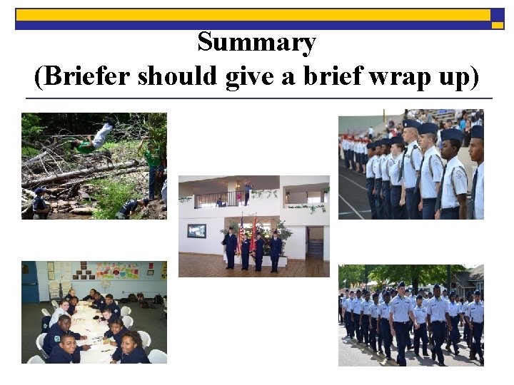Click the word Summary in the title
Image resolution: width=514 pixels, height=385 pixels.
click(x=256, y=43)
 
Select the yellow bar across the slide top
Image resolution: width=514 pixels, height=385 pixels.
click(x=253, y=14)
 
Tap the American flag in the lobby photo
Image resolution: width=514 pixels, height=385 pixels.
click(x=242, y=230)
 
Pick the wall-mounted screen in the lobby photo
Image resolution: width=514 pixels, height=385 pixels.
click(x=197, y=230)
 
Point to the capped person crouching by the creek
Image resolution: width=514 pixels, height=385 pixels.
click(x=41, y=202)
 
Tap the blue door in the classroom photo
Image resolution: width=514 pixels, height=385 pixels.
click(x=29, y=282)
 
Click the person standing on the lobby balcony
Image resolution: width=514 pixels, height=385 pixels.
click(x=247, y=192)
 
